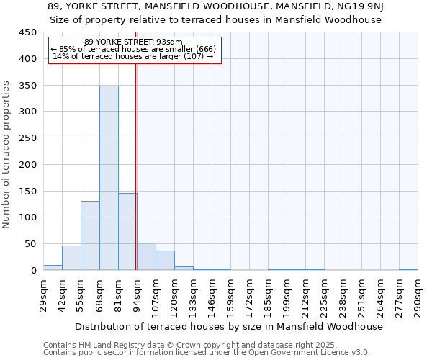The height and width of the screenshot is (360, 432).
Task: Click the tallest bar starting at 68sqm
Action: click(109, 178)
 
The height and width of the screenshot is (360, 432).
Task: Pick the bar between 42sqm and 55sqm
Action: click(71, 258)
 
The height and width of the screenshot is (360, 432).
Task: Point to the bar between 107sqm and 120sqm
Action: click(165, 260)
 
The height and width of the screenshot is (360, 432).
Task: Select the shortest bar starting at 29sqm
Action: click(53, 267)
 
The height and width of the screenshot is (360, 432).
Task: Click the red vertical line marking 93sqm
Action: click(136, 166)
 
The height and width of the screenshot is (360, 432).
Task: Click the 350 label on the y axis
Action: click(27, 86)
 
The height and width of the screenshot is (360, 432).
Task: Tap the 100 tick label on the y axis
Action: click(27, 217)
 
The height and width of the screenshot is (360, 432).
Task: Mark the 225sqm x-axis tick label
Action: click(324, 297)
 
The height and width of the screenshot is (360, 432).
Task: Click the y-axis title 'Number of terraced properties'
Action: click(6, 155)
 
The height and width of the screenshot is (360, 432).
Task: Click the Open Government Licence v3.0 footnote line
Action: click(207, 353)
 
